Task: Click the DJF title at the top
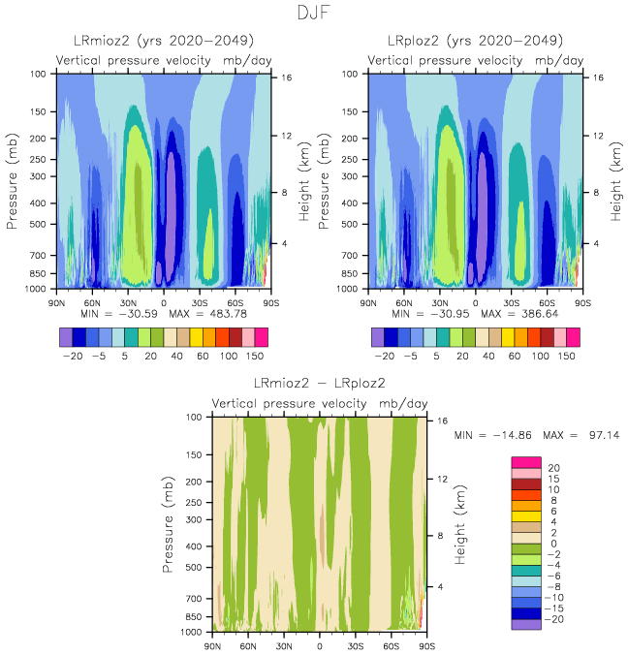point(315,14)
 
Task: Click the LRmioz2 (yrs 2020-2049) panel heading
point(164,41)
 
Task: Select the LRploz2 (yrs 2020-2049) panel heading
point(475,41)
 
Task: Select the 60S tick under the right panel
point(548,302)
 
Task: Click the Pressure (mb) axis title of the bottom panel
point(170,523)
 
